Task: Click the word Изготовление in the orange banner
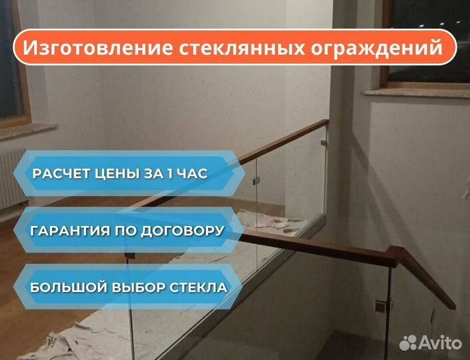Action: point(98,47)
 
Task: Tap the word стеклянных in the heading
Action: point(242,47)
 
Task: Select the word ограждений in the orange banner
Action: point(376,48)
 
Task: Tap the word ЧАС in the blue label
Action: point(192,173)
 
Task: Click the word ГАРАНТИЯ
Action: point(70,231)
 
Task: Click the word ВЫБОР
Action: point(139,287)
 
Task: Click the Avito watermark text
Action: point(440,342)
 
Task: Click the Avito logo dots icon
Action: point(408,343)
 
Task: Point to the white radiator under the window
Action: point(12,179)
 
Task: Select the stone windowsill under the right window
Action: point(417,92)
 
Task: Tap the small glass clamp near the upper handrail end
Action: point(324,143)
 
